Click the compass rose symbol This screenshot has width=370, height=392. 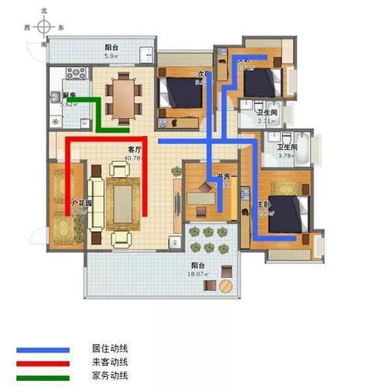coord(44,27)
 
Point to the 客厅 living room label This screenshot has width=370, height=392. coord(135,150)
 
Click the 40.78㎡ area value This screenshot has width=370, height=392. coord(134,158)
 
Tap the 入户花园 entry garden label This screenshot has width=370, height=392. coord(80,203)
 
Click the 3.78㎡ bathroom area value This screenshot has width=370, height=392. coord(287,156)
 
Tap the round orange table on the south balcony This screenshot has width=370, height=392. coord(226,286)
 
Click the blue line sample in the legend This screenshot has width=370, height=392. coord(43,350)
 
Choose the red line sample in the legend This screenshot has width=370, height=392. coord(43,363)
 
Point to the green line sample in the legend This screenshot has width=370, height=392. coord(43,376)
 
